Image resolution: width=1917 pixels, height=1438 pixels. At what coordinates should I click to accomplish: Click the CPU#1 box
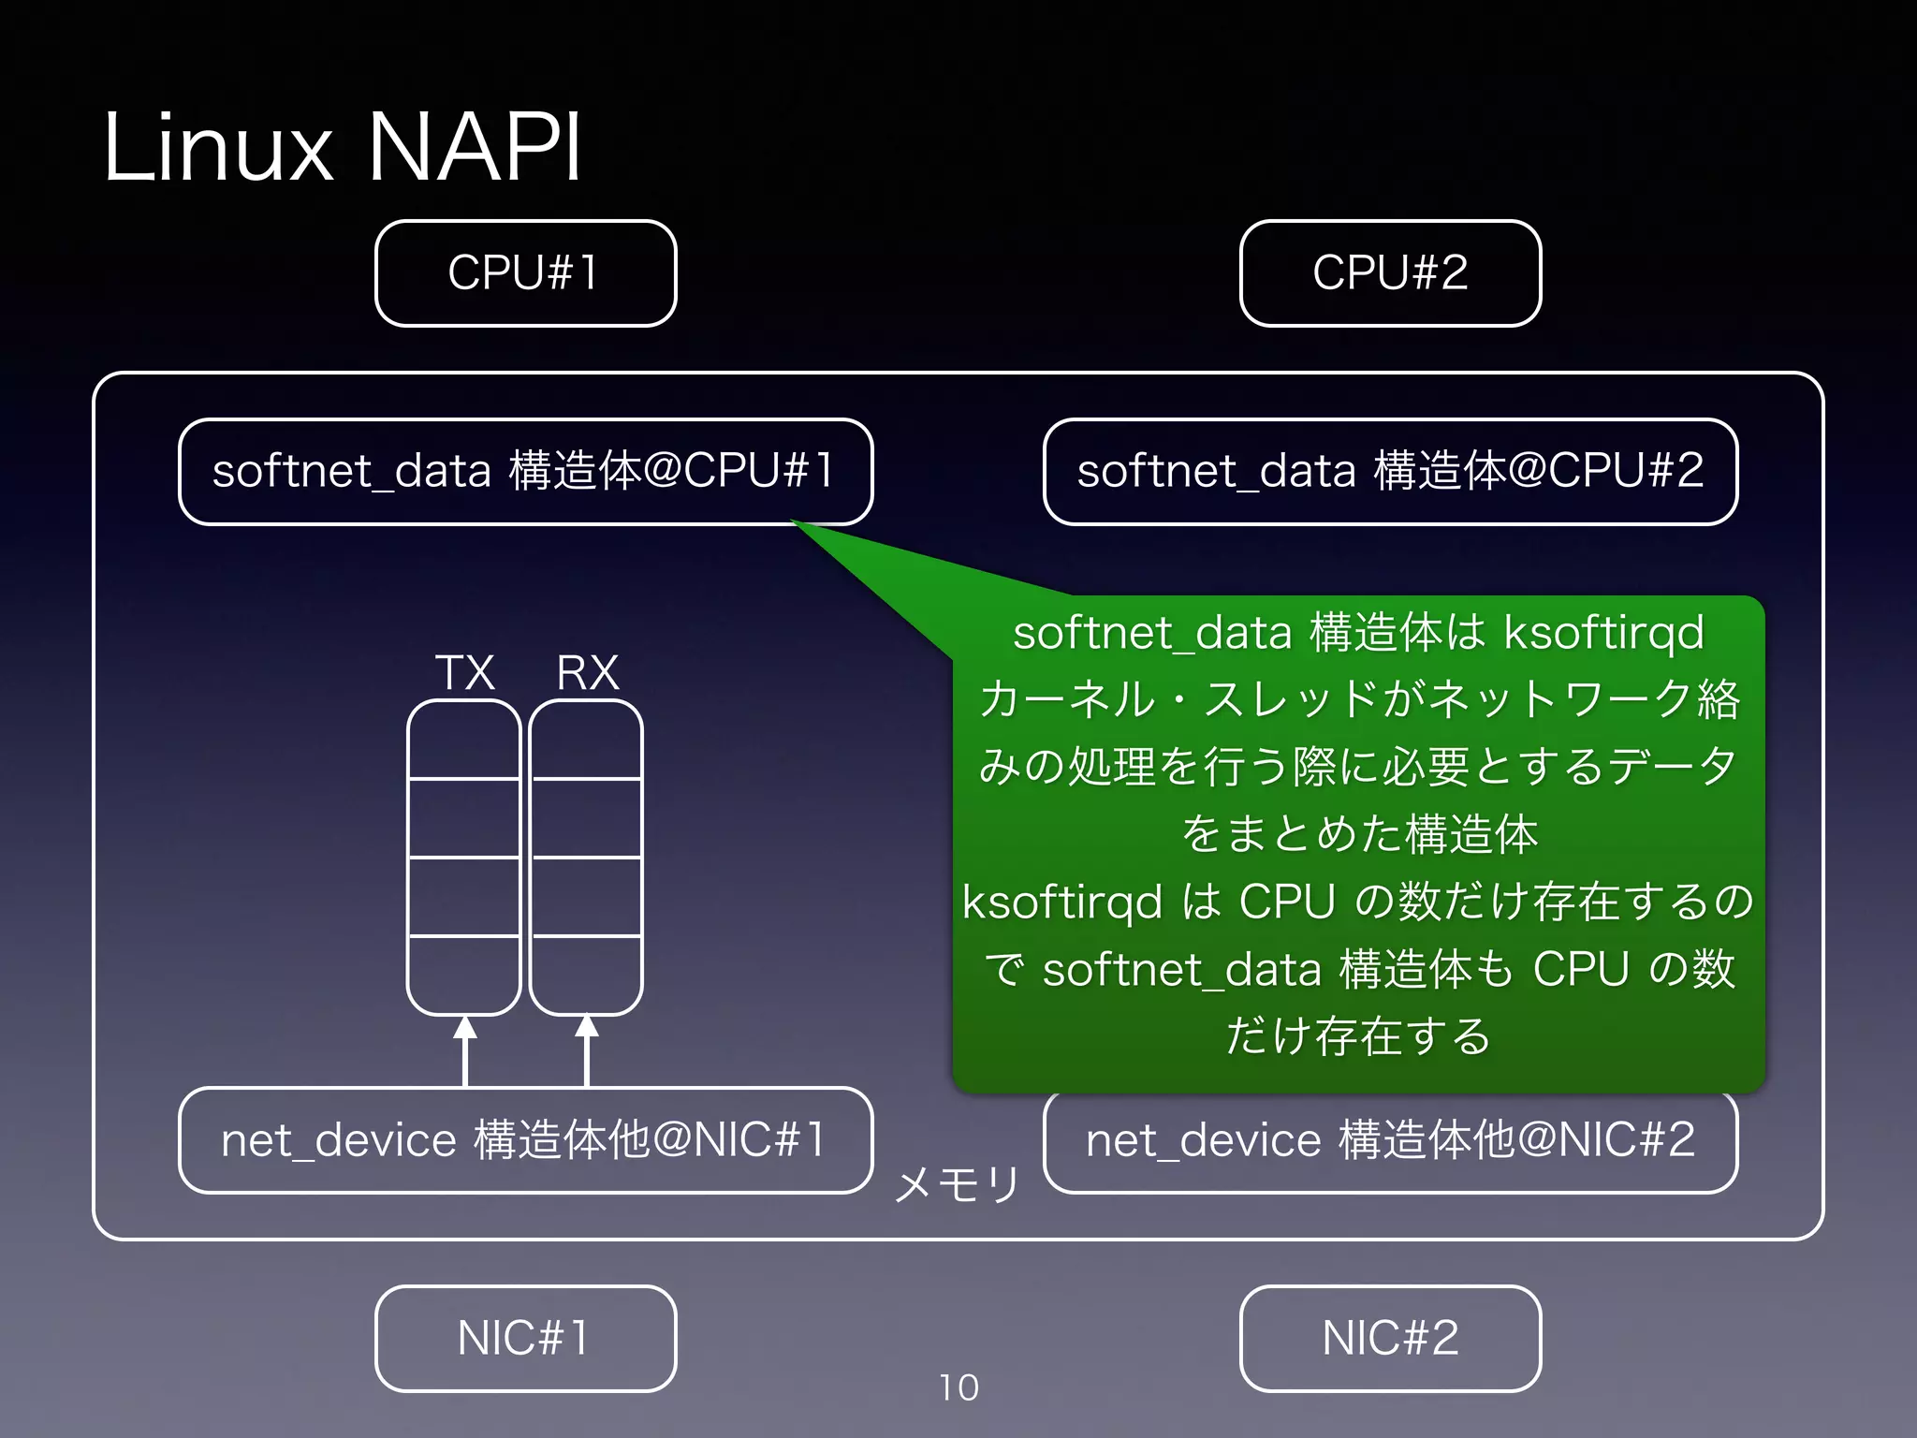pos(525,273)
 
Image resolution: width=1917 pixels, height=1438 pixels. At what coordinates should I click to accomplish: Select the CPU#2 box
pos(1390,273)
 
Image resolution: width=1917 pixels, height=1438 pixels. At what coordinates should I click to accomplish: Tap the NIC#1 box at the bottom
pos(525,1338)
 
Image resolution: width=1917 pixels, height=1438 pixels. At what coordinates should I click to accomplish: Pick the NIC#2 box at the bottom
pos(1390,1338)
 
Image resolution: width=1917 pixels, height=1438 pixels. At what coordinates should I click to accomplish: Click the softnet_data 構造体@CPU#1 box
pos(525,471)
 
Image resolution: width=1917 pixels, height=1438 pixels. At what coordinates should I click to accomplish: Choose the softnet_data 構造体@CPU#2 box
pos(1390,471)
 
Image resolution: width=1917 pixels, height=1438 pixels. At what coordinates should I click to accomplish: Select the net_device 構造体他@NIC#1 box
pos(525,1140)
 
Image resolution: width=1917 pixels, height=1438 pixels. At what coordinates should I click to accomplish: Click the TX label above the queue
pos(464,672)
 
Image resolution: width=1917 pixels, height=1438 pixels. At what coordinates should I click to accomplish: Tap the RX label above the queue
pos(588,672)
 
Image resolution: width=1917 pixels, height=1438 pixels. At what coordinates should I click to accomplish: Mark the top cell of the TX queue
pos(464,740)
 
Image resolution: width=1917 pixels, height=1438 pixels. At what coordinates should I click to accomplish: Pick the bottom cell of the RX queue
pos(586,975)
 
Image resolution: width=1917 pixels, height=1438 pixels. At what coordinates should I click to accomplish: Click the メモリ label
pos(957,1185)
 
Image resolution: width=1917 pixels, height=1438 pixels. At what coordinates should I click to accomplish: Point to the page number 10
pos(958,1387)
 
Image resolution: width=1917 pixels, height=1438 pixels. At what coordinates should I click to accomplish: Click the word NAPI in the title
pos(475,147)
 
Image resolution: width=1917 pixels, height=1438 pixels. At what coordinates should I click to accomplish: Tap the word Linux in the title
pos(218,147)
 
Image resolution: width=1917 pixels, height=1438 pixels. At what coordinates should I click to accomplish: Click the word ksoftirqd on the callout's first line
pos(1603,634)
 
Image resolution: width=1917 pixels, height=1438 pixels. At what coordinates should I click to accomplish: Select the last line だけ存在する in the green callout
pos(1358,1036)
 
